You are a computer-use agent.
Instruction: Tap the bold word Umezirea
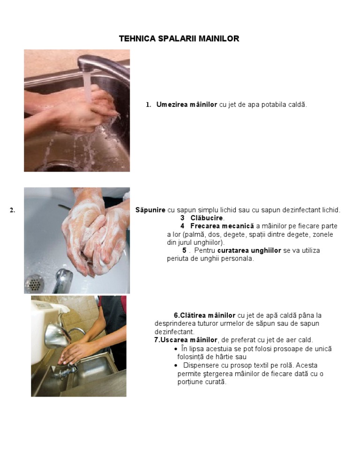point(172,105)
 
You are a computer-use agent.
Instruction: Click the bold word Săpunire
point(150,210)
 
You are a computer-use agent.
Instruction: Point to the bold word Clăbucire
point(207,218)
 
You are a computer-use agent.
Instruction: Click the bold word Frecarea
point(205,226)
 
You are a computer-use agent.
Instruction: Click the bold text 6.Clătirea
point(189,316)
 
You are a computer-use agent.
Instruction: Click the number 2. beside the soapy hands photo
point(12,210)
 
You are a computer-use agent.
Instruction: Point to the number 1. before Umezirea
point(148,105)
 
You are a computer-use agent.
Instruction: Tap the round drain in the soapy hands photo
point(34,283)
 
